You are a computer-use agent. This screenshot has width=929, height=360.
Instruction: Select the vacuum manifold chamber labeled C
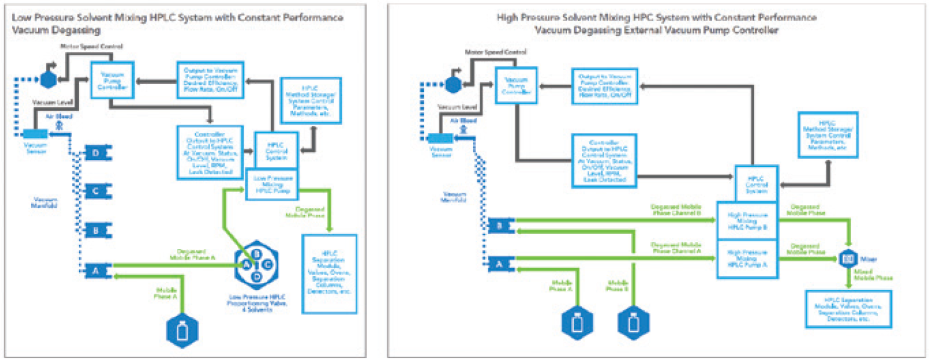click(x=97, y=192)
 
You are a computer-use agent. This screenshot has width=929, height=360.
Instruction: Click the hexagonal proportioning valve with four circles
click(x=256, y=265)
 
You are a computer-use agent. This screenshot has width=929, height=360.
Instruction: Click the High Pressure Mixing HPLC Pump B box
click(x=747, y=221)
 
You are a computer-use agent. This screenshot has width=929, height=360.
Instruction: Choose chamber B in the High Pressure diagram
click(x=500, y=225)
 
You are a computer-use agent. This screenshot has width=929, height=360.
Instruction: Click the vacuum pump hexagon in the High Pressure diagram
click(x=452, y=84)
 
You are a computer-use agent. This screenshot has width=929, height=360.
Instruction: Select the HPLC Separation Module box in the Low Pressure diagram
click(x=330, y=274)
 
